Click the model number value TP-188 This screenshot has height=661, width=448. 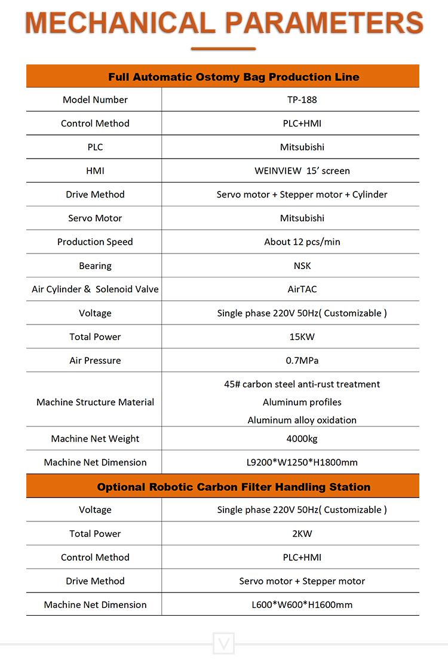[x=302, y=100]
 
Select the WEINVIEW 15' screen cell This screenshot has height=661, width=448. [x=302, y=171]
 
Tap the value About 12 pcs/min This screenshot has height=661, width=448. [x=302, y=242]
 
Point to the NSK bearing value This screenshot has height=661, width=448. [x=302, y=265]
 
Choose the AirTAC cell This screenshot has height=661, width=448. [x=302, y=289]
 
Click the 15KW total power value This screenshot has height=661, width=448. [x=302, y=336]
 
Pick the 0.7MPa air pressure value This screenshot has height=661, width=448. [x=302, y=360]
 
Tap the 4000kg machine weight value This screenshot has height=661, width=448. [x=302, y=438]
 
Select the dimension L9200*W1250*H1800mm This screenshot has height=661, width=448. [x=302, y=462]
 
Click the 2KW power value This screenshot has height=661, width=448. [x=302, y=533]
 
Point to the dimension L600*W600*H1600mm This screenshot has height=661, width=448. [x=302, y=604]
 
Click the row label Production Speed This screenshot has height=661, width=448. [x=95, y=242]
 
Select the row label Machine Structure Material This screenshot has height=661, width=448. [x=95, y=402]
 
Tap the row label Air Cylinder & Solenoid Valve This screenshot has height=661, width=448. [x=95, y=289]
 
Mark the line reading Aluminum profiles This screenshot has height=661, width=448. [x=302, y=402]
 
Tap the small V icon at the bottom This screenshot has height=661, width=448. [x=224, y=644]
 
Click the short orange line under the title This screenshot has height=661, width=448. [x=223, y=49]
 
